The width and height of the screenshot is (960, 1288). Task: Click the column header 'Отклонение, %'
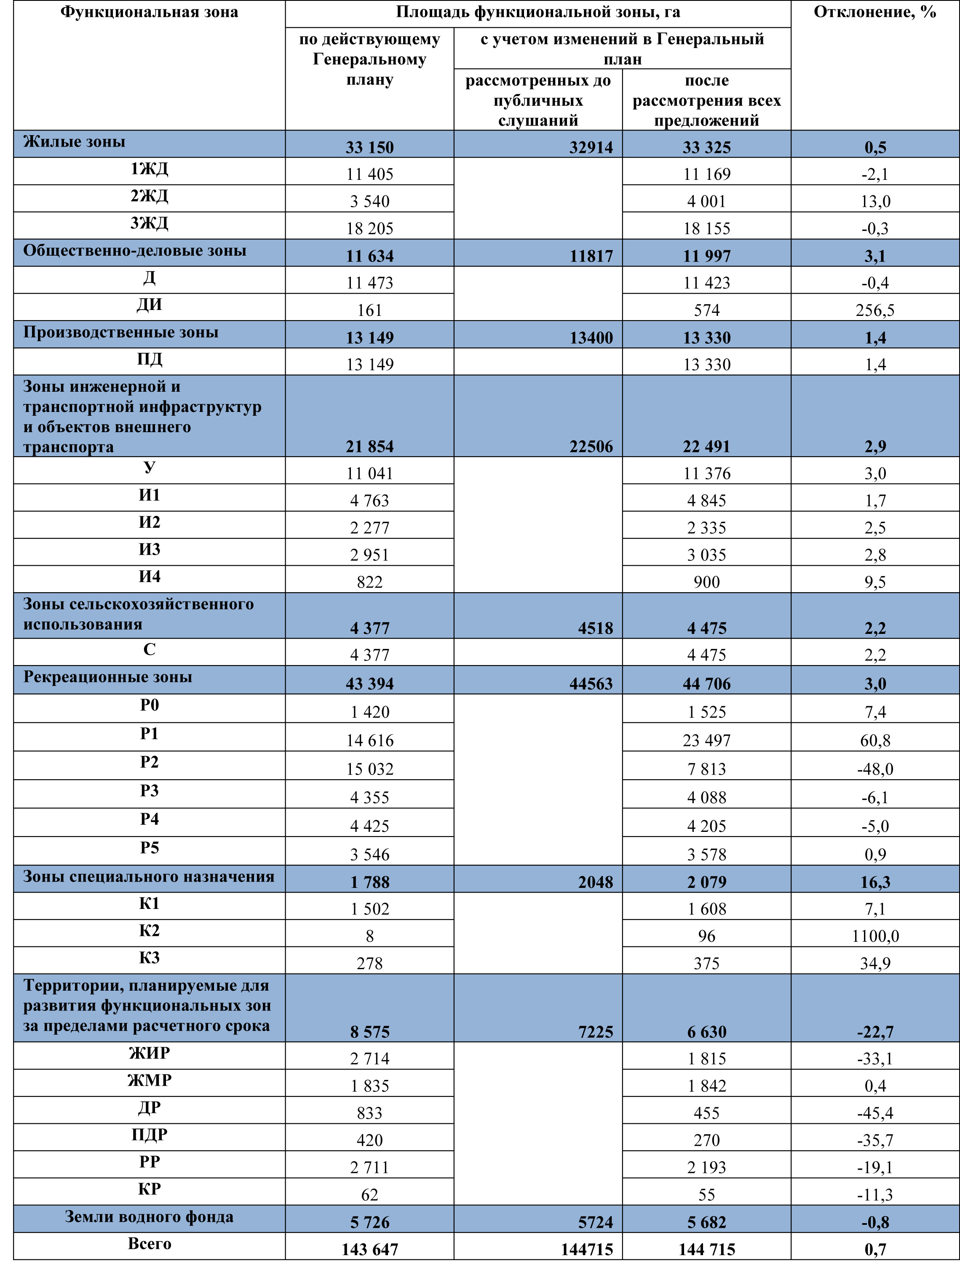point(874,12)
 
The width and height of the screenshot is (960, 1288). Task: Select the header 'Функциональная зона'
point(150,12)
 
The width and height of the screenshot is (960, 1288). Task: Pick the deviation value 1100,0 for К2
point(874,936)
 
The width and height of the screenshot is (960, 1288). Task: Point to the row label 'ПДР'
point(150,1134)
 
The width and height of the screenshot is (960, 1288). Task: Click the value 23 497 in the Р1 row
point(707,740)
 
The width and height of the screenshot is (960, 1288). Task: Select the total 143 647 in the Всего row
point(369,1248)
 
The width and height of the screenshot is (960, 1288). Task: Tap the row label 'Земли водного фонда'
point(150,1216)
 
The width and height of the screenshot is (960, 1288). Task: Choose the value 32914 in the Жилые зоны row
point(591,147)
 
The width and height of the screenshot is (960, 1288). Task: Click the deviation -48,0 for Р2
point(874,769)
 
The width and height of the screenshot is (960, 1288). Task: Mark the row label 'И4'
point(150,576)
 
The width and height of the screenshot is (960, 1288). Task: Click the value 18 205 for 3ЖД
point(369,228)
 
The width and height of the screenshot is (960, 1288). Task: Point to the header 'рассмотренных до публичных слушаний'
point(538,100)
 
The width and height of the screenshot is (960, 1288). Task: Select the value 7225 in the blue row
point(595,1032)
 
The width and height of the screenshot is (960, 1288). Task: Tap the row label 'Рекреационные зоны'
point(107,677)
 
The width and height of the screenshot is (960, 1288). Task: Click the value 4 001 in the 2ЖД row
point(707,201)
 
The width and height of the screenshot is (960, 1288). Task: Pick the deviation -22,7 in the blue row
point(874,1032)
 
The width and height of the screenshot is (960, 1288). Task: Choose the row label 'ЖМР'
point(150,1080)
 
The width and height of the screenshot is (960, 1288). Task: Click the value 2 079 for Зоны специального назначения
point(707,882)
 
